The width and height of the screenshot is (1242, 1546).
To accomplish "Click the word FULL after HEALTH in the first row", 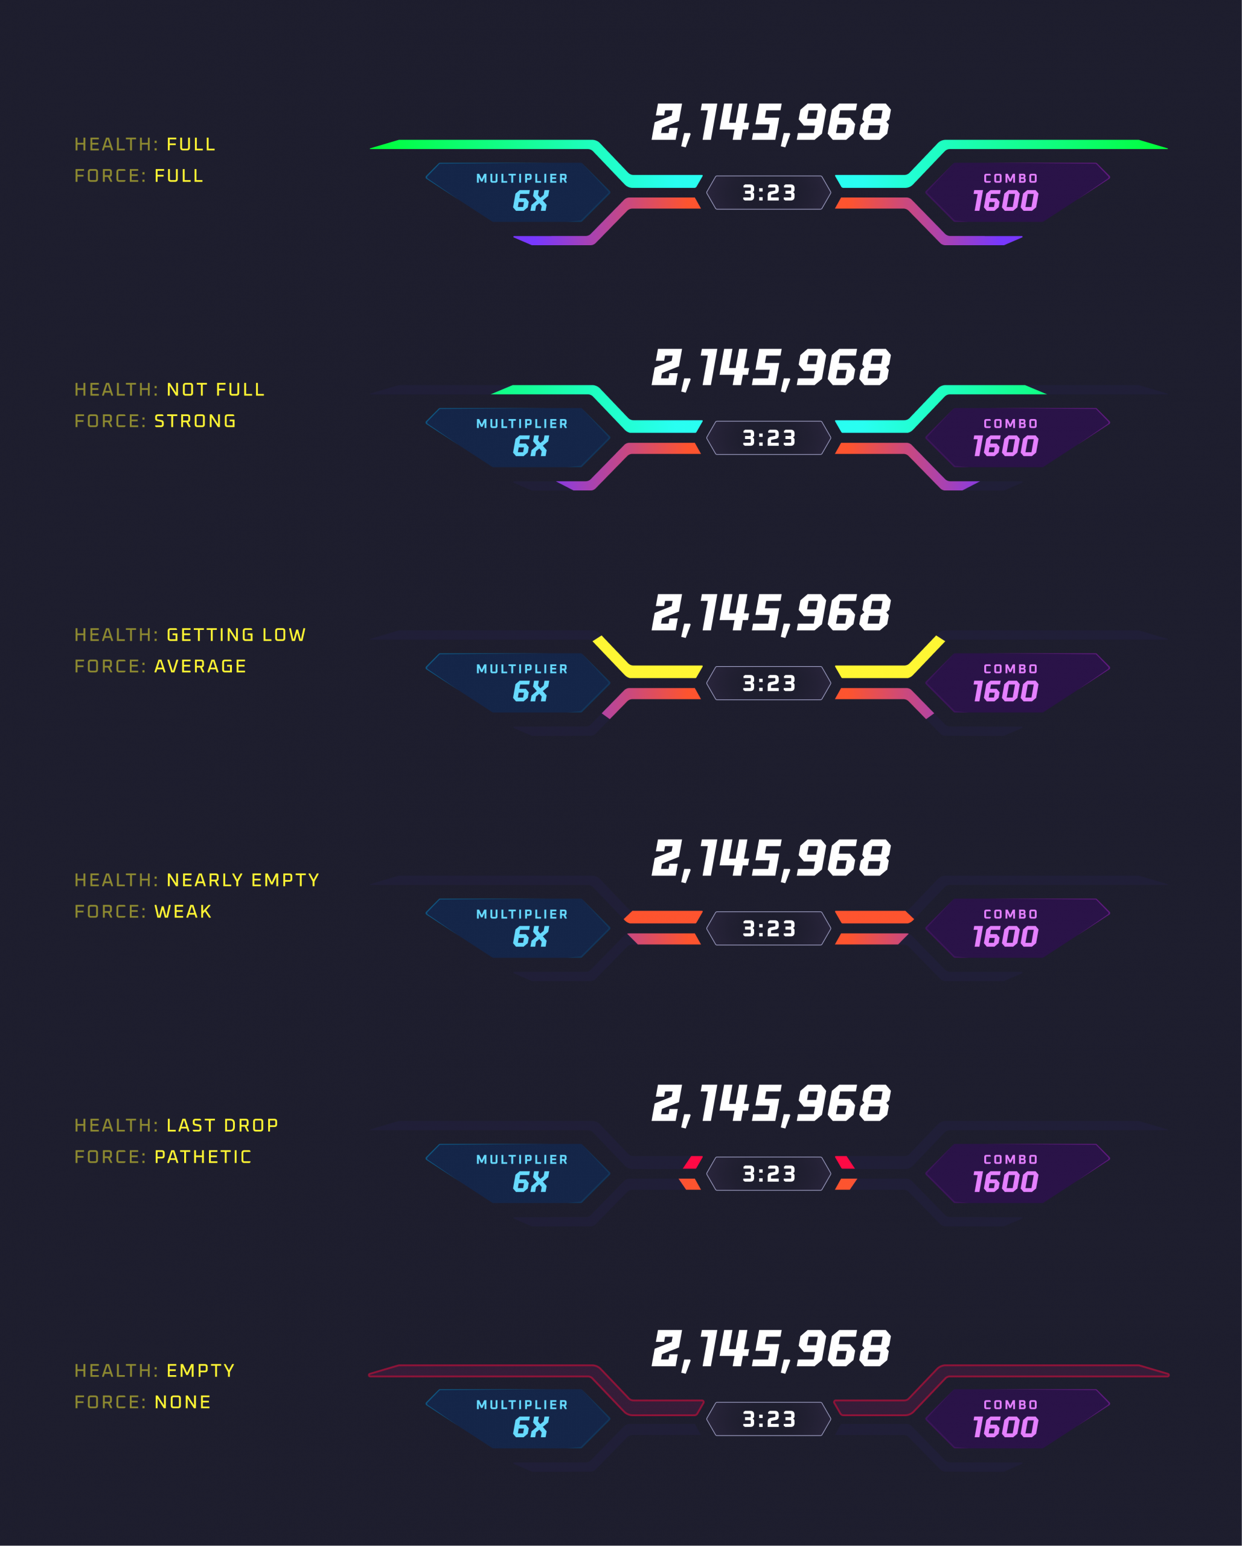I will pyautogui.click(x=191, y=144).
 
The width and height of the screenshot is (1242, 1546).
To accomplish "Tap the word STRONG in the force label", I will pyautogui.click(x=195, y=421).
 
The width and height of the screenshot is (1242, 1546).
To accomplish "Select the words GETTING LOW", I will pyautogui.click(x=236, y=635).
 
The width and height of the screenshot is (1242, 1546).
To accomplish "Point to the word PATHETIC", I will pyautogui.click(x=203, y=1156).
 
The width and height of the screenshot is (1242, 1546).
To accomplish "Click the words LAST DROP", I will pyautogui.click(x=222, y=1125).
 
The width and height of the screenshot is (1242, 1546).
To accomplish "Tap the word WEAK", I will pyautogui.click(x=183, y=911).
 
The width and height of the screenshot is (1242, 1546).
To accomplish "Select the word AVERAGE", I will pyautogui.click(x=200, y=666).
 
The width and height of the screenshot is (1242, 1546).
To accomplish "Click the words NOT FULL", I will pyautogui.click(x=215, y=390).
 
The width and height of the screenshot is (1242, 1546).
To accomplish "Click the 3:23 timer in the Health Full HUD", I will pyautogui.click(x=769, y=193).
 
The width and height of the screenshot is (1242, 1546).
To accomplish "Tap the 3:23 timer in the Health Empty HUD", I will pyautogui.click(x=769, y=1419).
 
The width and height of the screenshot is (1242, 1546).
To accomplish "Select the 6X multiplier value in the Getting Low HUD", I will pyautogui.click(x=531, y=692).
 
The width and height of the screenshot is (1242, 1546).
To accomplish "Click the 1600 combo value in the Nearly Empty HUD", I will pyautogui.click(x=1005, y=937).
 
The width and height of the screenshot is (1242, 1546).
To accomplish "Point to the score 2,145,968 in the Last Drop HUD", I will pyautogui.click(x=771, y=1105).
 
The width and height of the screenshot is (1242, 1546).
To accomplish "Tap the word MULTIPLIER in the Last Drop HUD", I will pyautogui.click(x=522, y=1159).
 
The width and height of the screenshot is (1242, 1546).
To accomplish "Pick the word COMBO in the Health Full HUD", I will pyautogui.click(x=1010, y=179).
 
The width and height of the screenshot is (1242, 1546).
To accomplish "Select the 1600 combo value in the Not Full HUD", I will pyautogui.click(x=1005, y=447).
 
